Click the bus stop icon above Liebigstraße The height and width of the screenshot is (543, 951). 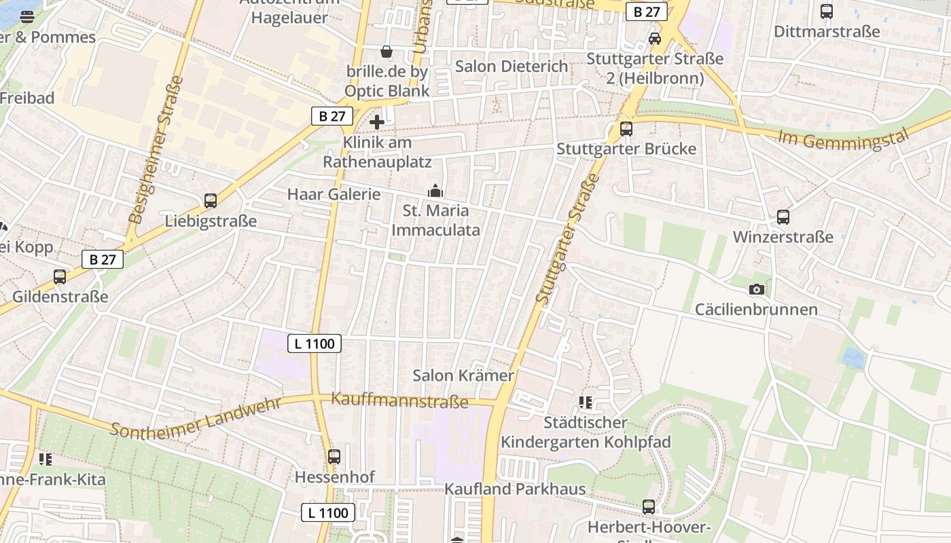(x=211, y=201)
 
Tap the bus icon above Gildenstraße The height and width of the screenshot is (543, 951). (x=60, y=277)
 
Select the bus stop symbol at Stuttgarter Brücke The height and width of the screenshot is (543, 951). (x=626, y=128)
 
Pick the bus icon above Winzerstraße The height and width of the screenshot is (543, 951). (x=783, y=217)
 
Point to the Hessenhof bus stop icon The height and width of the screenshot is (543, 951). (x=334, y=457)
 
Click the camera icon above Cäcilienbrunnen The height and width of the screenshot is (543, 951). (x=756, y=290)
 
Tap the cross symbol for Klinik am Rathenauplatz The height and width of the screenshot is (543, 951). (x=377, y=122)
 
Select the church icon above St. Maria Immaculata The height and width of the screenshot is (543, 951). (x=435, y=191)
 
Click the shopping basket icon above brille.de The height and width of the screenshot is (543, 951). (x=387, y=52)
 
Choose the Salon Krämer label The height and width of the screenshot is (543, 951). (x=463, y=375)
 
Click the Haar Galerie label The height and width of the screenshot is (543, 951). (x=334, y=194)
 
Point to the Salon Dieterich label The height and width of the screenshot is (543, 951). (x=512, y=66)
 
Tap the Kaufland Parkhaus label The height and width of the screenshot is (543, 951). (x=515, y=489)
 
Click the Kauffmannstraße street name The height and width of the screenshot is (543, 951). (x=399, y=400)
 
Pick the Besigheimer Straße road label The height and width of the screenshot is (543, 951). (x=156, y=149)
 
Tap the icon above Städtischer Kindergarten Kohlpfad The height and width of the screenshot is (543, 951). (x=586, y=402)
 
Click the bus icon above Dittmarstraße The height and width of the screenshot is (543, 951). (x=827, y=12)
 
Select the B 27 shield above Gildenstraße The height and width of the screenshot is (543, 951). (x=103, y=259)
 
